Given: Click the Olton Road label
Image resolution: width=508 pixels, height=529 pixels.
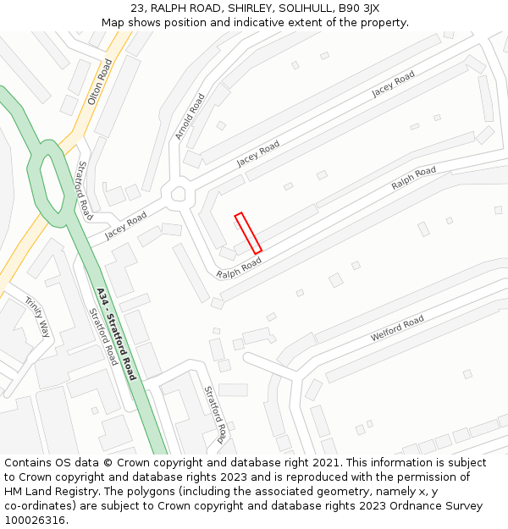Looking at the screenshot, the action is pos(100,82).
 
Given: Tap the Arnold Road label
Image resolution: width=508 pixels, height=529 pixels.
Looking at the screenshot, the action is pos(190,117).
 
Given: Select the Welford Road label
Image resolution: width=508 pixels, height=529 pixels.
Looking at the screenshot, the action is pos(397,328).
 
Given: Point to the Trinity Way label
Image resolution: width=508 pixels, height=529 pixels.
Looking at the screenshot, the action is pos(38,317).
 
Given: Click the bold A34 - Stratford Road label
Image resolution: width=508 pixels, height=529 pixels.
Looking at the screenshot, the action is pos(116,333).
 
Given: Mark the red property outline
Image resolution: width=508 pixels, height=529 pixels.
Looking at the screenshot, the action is pos(248,233).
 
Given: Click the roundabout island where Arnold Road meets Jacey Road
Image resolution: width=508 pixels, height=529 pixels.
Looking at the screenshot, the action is pos(178,194).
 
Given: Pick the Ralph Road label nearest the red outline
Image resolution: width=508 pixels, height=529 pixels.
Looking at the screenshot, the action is pos(239,268).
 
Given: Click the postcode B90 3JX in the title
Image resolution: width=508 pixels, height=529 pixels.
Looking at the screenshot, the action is pos(358,8).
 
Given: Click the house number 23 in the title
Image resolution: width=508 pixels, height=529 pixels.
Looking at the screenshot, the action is pos(138,8).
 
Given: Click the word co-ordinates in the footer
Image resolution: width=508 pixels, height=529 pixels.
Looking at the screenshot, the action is pos(37,506).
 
